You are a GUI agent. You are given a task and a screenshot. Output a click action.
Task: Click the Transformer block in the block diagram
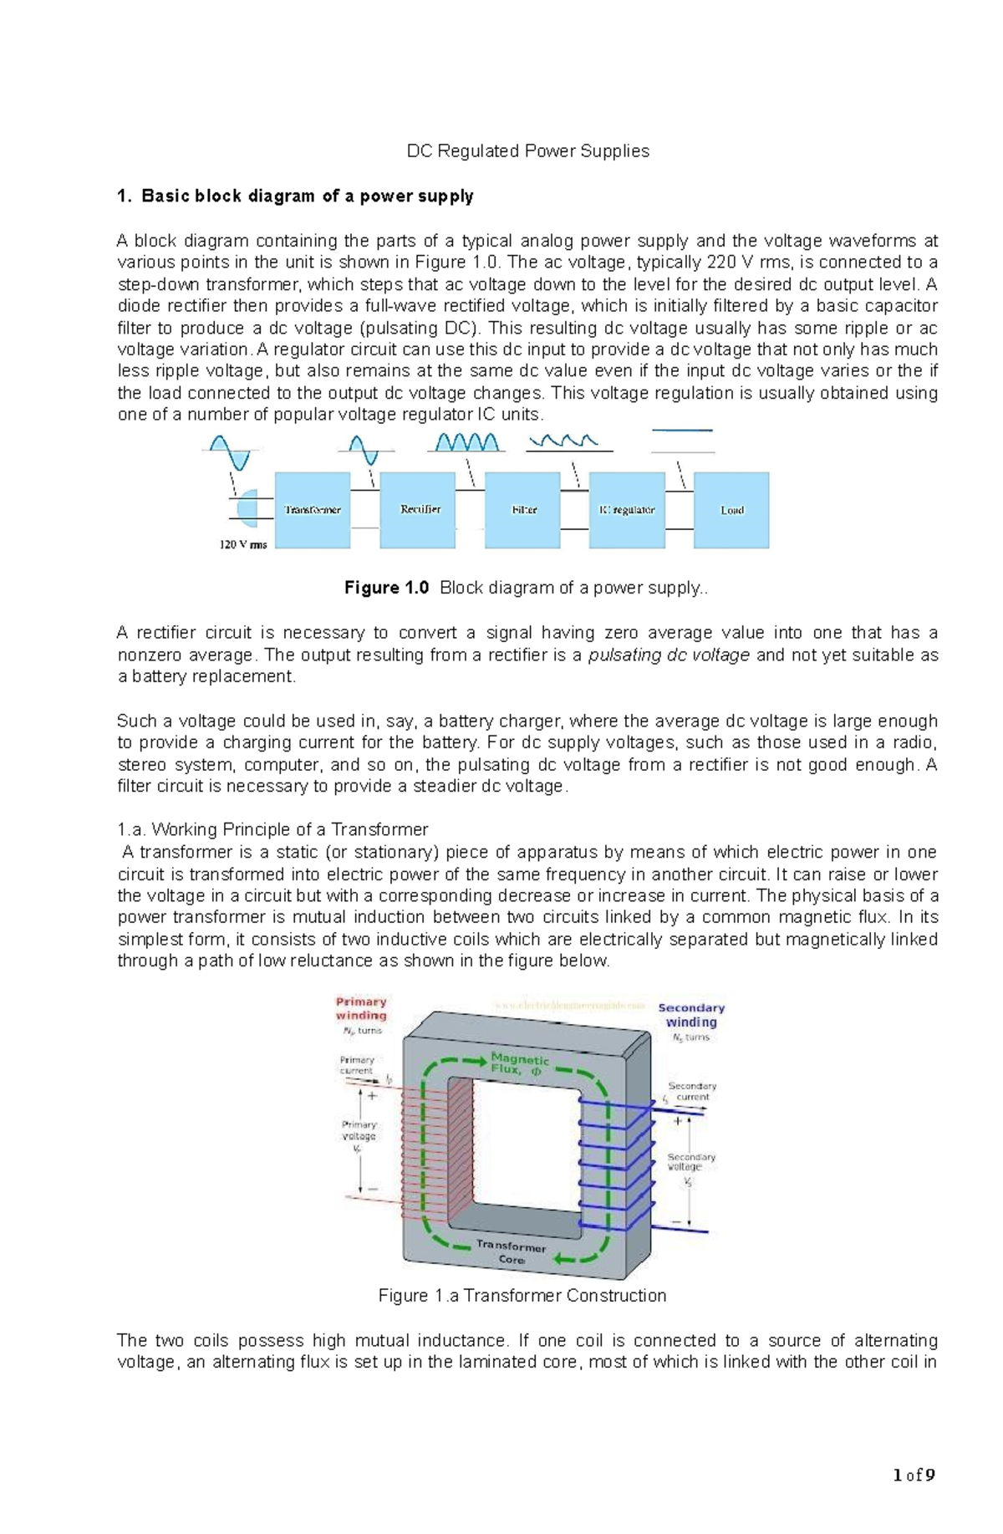click(x=313, y=510)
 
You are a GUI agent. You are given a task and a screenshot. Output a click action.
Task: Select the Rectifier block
click(x=418, y=510)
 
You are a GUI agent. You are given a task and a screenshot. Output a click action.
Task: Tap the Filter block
click(x=523, y=510)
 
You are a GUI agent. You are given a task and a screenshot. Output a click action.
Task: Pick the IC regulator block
click(x=627, y=510)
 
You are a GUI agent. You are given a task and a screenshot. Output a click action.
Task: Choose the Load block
click(x=731, y=510)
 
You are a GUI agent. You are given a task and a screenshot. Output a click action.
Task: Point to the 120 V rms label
click(x=243, y=545)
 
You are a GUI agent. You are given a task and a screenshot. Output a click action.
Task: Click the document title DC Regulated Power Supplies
click(x=527, y=151)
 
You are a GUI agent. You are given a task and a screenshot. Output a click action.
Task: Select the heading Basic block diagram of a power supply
click(x=307, y=196)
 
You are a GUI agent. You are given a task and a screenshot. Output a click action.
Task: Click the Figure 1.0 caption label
click(x=386, y=588)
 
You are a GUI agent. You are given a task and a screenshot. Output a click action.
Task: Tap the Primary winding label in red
click(x=361, y=1008)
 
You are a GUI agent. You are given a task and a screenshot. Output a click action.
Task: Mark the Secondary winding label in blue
click(x=691, y=1015)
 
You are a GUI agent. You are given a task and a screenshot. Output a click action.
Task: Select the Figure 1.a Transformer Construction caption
click(x=522, y=1296)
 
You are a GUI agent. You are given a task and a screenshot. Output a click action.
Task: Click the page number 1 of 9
click(x=914, y=1475)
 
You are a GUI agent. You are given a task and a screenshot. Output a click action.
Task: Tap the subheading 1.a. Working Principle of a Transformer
click(x=272, y=830)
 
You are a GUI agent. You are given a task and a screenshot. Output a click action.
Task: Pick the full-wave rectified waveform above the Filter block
click(x=467, y=442)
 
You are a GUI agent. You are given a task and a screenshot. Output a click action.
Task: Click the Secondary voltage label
click(x=690, y=1162)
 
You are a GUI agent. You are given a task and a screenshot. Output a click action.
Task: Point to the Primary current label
click(x=357, y=1065)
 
